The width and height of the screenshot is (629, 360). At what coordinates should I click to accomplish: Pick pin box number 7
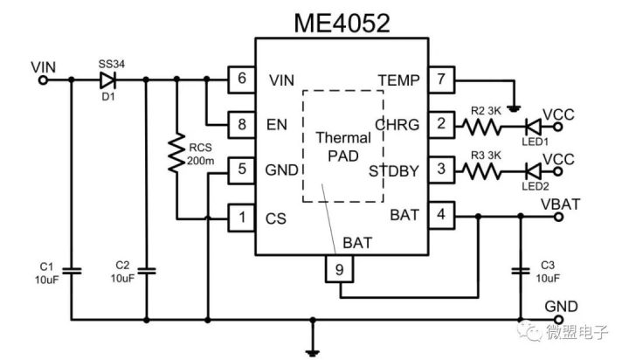coord(442,80)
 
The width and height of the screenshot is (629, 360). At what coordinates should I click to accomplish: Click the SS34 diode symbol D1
coord(108,80)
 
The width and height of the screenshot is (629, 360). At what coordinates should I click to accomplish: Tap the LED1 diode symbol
coord(530,125)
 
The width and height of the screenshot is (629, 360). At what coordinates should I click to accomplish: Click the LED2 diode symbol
coord(530,170)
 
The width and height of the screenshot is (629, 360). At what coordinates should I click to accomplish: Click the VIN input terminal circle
coord(43,80)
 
